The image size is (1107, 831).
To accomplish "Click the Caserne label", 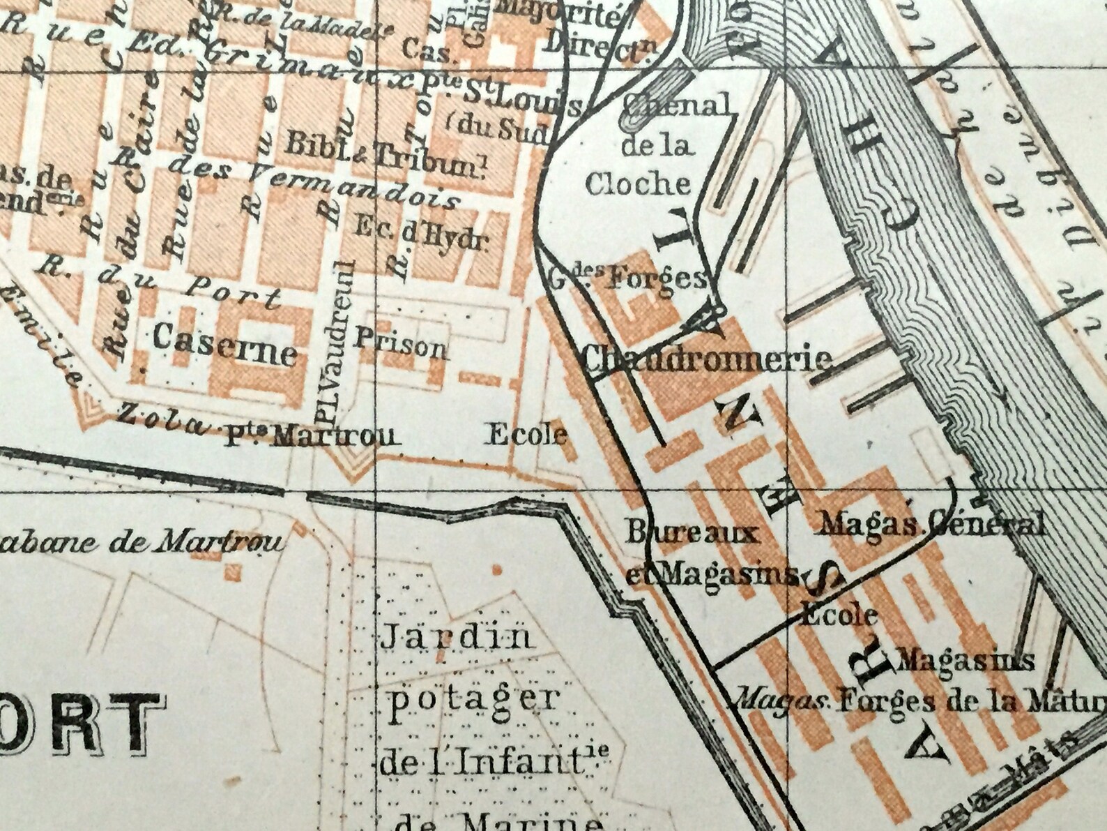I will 224,345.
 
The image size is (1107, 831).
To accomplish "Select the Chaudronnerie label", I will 708,359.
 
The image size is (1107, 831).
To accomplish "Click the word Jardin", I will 456,637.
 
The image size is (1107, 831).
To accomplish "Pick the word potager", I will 473,698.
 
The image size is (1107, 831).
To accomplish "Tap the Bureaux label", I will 691,534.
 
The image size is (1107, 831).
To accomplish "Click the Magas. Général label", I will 932,524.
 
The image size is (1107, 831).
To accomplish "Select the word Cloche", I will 638,184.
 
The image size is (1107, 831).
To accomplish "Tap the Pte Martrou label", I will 311,437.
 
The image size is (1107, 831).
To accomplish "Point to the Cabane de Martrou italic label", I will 143,542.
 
